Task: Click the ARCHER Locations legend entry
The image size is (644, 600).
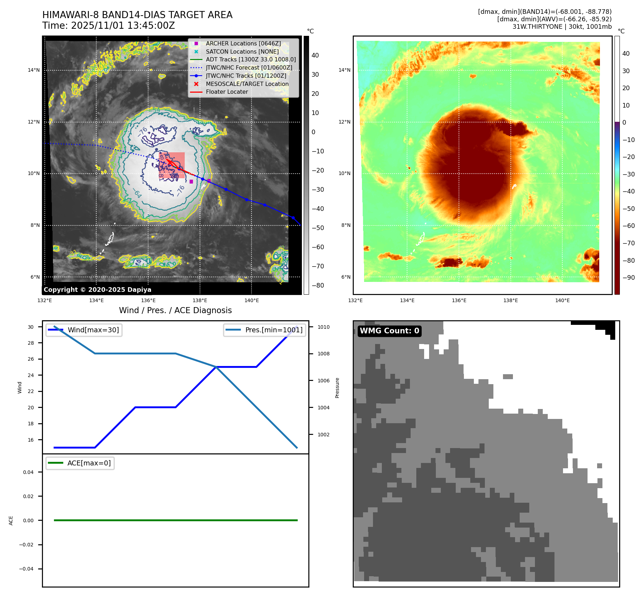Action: click(x=243, y=43)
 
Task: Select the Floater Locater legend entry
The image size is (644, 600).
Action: click(x=227, y=92)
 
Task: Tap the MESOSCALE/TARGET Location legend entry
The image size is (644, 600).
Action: click(x=247, y=84)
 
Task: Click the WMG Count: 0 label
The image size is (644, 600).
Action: click(x=389, y=331)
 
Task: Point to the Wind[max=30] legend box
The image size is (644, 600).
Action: click(x=84, y=330)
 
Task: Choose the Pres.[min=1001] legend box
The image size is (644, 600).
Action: click(x=265, y=330)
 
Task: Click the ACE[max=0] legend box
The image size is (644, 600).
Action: click(x=80, y=463)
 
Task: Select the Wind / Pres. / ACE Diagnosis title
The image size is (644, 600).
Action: click(x=175, y=310)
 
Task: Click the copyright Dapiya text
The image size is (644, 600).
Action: click(x=97, y=290)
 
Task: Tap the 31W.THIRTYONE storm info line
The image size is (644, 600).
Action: click(x=562, y=27)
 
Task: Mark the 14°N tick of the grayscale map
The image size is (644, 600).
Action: click(x=34, y=70)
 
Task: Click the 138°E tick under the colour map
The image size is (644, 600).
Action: click(x=510, y=301)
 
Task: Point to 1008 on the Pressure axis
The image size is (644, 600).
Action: click(x=323, y=354)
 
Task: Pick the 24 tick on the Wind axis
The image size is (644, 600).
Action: click(x=31, y=375)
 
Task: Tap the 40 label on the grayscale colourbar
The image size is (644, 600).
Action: click(x=315, y=55)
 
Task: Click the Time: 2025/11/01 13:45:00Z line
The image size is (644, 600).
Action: click(x=108, y=26)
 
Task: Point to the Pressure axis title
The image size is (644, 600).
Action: click(x=337, y=388)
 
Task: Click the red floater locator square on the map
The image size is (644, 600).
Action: click(x=172, y=165)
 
